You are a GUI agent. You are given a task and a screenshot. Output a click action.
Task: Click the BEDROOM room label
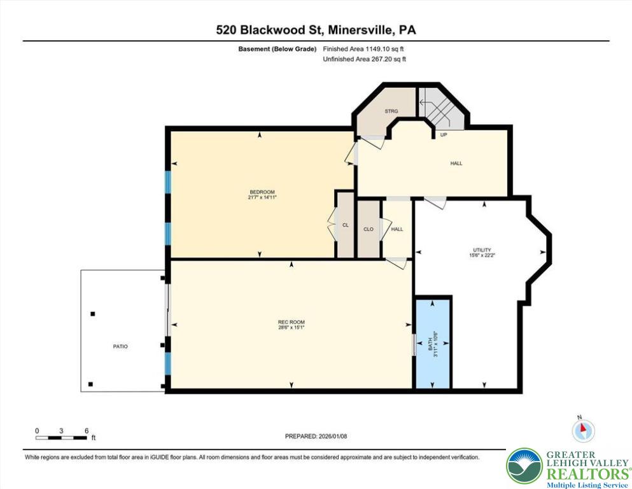[262, 192]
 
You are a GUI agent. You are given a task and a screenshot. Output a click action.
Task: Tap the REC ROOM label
[291, 322]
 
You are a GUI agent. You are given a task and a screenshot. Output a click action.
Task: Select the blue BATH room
[433, 343]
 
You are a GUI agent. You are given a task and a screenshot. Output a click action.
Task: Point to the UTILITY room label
[482, 250]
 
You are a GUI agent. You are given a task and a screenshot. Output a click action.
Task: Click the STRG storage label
[391, 111]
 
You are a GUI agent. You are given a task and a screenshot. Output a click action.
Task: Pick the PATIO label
[120, 346]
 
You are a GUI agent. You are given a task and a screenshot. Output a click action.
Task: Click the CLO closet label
[369, 229]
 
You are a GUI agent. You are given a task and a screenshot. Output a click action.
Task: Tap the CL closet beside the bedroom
[346, 225]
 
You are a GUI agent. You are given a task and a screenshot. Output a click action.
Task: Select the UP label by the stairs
[444, 134]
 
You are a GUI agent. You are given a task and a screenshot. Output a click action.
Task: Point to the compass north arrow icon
[583, 430]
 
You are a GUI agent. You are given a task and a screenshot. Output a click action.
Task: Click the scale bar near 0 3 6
[61, 438]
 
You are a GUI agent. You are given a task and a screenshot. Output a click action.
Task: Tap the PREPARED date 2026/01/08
[316, 436]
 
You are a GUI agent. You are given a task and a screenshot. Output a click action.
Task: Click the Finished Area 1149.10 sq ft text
[363, 49]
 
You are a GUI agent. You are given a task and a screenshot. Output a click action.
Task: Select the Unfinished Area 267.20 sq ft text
[364, 59]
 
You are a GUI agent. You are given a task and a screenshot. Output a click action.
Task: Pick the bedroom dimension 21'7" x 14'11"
[262, 197]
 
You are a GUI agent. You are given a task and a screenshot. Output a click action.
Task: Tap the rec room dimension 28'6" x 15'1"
[291, 328]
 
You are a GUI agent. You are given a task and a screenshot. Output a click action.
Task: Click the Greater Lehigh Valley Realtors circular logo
[525, 465]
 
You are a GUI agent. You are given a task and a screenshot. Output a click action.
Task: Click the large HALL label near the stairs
[456, 163]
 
